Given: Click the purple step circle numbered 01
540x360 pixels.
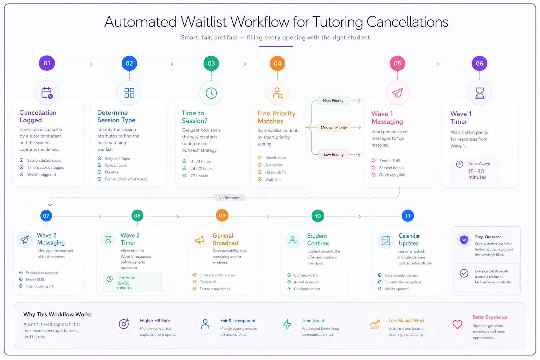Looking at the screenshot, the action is (x=47, y=63).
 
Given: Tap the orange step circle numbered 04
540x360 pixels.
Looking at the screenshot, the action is (x=277, y=63).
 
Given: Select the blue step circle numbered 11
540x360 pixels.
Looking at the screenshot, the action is (x=408, y=216).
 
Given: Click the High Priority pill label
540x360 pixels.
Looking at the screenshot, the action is (x=333, y=101).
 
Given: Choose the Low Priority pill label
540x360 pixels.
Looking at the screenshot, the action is (x=334, y=155).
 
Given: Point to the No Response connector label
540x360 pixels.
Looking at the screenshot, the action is (x=230, y=198).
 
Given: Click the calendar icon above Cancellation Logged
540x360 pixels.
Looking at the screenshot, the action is (x=47, y=93).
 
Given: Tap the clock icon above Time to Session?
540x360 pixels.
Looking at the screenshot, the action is (x=211, y=93).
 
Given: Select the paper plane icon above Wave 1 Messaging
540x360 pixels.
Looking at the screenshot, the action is (x=397, y=93).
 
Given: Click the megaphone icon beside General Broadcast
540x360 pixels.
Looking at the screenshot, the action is (x=199, y=240).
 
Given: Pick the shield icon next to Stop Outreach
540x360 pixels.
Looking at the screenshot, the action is (x=464, y=240).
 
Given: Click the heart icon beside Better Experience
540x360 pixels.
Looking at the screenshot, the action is (x=457, y=324).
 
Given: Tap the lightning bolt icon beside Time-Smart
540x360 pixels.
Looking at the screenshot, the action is (x=287, y=324).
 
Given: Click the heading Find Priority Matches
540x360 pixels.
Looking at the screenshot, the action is (x=276, y=117).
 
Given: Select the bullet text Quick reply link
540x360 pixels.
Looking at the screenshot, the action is (x=392, y=175).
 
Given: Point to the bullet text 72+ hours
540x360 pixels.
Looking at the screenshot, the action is (x=199, y=176).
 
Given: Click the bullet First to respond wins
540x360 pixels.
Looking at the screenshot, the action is (x=214, y=289).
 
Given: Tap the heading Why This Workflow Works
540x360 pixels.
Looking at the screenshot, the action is (x=57, y=314).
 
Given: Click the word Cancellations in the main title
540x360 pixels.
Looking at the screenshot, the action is (x=407, y=22).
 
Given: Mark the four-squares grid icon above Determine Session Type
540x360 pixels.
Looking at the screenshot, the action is (x=129, y=93).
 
